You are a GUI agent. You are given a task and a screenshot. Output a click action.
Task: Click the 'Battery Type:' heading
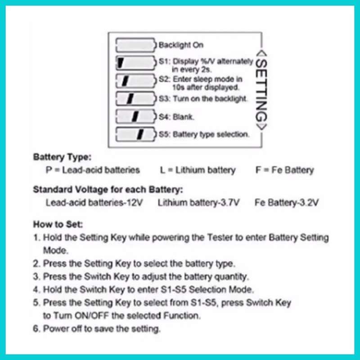[62, 157]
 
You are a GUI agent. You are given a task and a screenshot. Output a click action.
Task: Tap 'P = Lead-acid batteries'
[93, 170]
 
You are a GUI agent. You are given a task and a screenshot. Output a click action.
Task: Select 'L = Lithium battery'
[198, 170]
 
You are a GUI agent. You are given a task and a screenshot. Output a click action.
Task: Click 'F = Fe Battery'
[284, 170]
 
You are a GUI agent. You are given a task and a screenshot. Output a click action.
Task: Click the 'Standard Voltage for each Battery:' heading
[108, 189]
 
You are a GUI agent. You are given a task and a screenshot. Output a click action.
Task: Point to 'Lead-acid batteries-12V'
[94, 202]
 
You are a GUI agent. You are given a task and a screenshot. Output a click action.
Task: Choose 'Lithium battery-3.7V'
[198, 202]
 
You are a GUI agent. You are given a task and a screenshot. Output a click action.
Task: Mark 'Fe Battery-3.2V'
[287, 202]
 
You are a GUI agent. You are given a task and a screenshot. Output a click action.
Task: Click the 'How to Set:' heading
[58, 224]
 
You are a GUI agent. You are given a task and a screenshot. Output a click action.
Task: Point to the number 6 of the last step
[36, 328]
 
